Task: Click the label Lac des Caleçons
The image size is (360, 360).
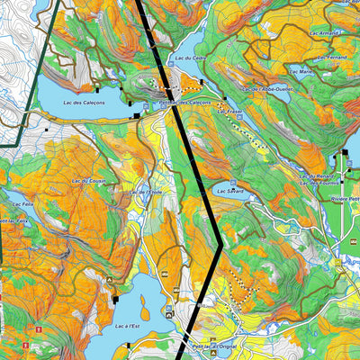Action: [x=85, y=103]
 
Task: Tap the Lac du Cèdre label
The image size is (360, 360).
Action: [x=193, y=58]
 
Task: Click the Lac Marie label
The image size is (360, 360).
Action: [x=300, y=71]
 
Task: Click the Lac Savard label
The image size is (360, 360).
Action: [x=229, y=192]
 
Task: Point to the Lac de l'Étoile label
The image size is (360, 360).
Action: [x=144, y=192]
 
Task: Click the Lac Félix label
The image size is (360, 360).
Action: [x=14, y=205]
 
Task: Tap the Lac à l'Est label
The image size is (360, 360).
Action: [x=128, y=326]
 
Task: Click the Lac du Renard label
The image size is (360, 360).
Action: [x=318, y=175]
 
